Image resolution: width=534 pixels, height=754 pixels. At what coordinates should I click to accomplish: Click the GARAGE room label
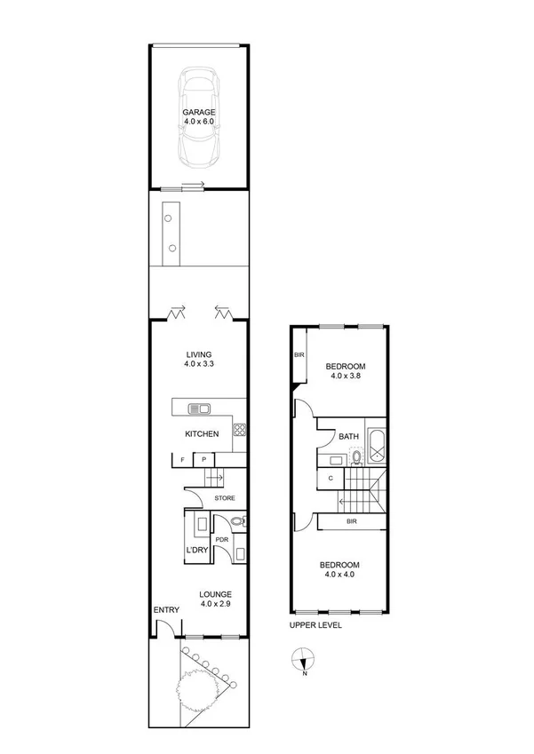tap(199, 113)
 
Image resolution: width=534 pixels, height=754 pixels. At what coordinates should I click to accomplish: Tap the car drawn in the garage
tap(199, 118)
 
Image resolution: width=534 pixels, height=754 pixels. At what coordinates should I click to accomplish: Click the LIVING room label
tap(198, 354)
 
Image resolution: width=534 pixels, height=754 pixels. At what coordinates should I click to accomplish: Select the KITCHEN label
tap(202, 434)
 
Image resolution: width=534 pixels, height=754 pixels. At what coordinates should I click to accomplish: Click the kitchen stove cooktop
tap(238, 430)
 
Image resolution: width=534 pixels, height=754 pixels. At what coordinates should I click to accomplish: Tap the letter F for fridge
tap(182, 459)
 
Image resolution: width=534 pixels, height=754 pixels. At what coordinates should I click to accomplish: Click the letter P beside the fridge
tap(203, 459)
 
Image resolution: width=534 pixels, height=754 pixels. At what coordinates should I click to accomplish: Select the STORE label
tap(224, 498)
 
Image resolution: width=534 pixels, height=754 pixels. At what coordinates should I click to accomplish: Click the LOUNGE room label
tap(216, 594)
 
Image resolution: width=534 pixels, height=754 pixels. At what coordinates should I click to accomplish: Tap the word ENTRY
tap(166, 609)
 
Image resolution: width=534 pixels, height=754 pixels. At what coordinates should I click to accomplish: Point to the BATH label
tap(347, 436)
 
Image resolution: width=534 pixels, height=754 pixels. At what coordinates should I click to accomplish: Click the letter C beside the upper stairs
tap(330, 479)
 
